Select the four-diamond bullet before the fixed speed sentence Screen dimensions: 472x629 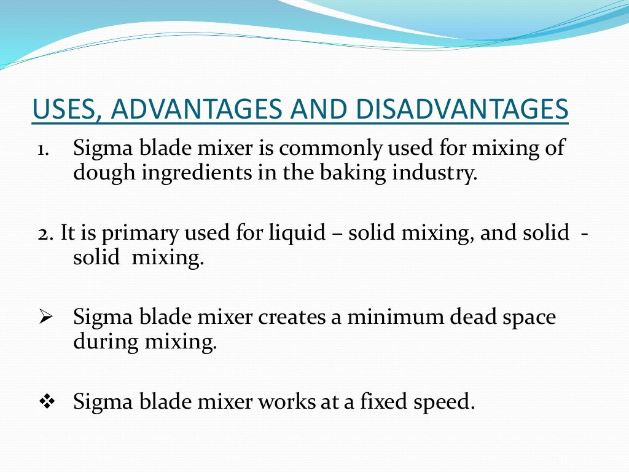(x=46, y=403)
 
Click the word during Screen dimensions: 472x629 (x=106, y=341)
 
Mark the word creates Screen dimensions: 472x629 (x=294, y=318)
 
